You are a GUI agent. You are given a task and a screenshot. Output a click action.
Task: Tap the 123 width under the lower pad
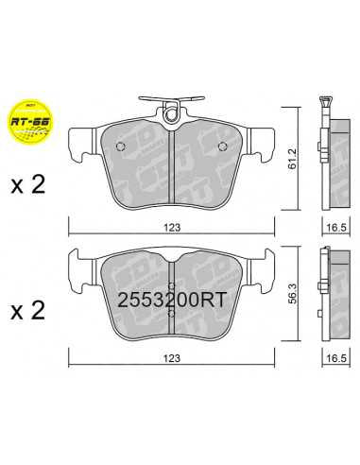[x=172, y=357]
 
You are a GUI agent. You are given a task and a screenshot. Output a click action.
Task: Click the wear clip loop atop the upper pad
[x=172, y=114]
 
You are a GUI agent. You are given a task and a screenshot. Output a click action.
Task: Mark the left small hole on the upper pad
[x=123, y=146]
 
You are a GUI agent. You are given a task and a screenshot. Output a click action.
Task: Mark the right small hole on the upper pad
[x=221, y=146]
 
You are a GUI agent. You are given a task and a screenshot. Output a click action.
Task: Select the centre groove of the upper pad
[x=172, y=165]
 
